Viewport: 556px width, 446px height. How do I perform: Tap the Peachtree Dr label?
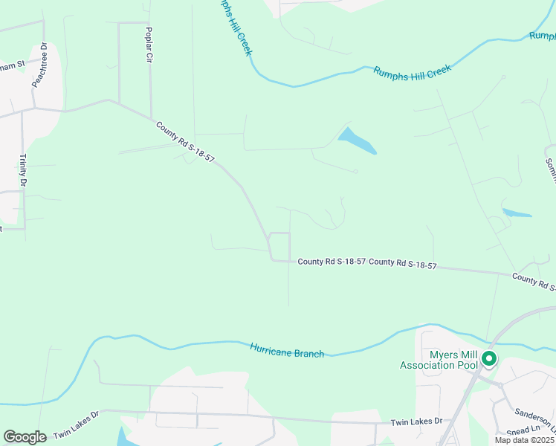[x=39, y=65]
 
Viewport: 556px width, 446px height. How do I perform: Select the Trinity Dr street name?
[x=22, y=171]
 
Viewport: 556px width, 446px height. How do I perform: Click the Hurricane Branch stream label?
[x=287, y=351]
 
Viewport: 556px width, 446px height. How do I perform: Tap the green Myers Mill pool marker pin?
[x=488, y=359]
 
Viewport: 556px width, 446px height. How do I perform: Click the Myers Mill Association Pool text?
[x=439, y=360]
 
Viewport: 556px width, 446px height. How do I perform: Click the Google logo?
[x=25, y=437]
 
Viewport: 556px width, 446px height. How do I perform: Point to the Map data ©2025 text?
[x=520, y=441]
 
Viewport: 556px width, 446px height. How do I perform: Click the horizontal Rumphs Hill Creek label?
[x=412, y=70]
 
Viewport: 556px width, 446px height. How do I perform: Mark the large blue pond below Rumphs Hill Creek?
[x=357, y=141]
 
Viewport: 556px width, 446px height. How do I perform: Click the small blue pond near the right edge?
[x=517, y=213]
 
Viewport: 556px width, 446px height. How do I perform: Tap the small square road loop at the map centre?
[x=279, y=246]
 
